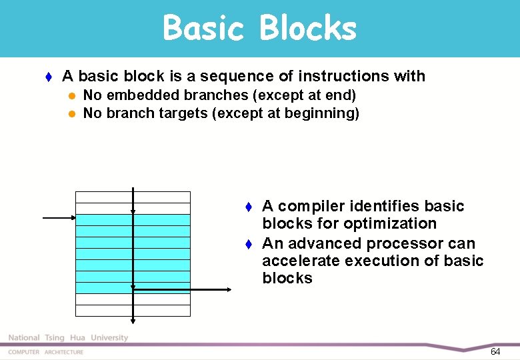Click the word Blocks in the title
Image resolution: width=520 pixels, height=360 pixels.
click(x=307, y=29)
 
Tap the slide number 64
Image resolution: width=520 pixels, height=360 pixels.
click(x=495, y=351)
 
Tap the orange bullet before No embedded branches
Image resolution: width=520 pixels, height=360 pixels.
click(x=73, y=95)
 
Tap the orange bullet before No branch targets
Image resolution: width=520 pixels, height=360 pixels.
click(x=73, y=113)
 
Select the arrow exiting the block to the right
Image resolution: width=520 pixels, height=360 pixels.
click(x=183, y=289)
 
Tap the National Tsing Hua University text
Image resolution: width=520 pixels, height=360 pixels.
click(x=67, y=338)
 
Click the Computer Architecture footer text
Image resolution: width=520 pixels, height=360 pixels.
click(x=46, y=352)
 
